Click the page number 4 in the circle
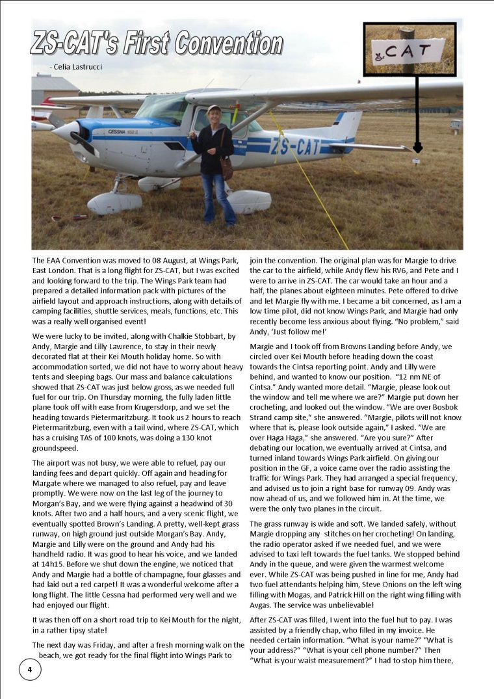click(29, 669)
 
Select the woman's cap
click(214, 109)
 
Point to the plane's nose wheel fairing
click(113, 204)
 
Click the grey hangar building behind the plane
click(55, 89)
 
